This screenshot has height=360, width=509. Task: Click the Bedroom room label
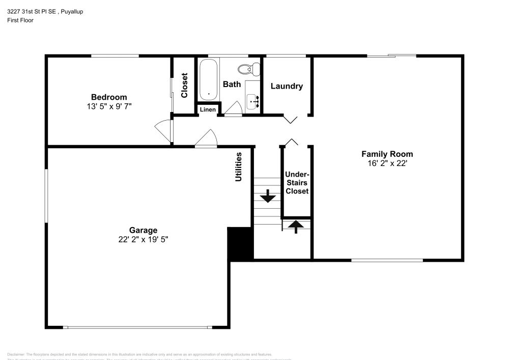click(109, 97)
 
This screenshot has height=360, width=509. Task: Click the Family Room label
click(387, 154)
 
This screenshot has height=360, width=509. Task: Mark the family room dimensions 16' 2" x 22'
click(387, 163)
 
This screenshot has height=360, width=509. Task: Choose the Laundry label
click(287, 86)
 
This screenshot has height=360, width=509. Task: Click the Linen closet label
click(208, 109)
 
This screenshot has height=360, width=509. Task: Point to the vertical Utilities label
click(238, 167)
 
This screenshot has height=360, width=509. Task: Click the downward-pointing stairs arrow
click(267, 196)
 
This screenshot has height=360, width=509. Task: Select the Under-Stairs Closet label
click(297, 183)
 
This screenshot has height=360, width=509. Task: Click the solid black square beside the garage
click(240, 244)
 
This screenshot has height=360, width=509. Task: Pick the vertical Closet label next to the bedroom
click(184, 86)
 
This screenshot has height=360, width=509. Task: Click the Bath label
click(232, 84)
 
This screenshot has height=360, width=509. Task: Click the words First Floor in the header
click(20, 20)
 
